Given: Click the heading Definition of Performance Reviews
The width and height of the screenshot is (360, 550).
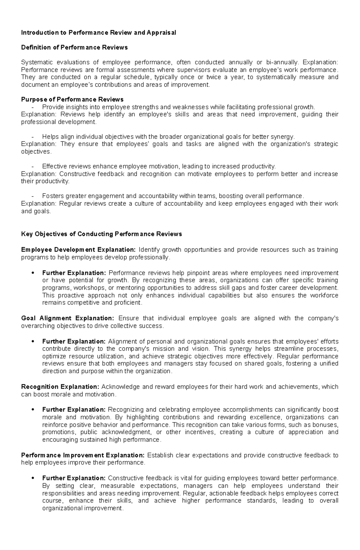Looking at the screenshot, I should point(74,47).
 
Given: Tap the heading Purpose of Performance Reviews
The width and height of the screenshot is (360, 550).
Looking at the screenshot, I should point(72,99).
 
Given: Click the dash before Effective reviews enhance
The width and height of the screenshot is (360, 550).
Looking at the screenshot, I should point(33,166).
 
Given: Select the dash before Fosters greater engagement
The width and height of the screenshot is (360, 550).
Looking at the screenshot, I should point(33,196).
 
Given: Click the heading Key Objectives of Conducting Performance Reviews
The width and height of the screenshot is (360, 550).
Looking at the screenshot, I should point(101,234).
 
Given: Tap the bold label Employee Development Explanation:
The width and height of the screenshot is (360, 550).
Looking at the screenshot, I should point(78,250).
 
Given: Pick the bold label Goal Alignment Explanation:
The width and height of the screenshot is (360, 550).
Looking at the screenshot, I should point(67,318).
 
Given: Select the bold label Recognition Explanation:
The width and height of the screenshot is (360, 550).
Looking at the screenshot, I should point(60,387).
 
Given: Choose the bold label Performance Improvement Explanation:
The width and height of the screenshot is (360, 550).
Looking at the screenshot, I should point(83,455).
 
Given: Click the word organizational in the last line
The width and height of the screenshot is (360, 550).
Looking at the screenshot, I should point(62,508).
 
